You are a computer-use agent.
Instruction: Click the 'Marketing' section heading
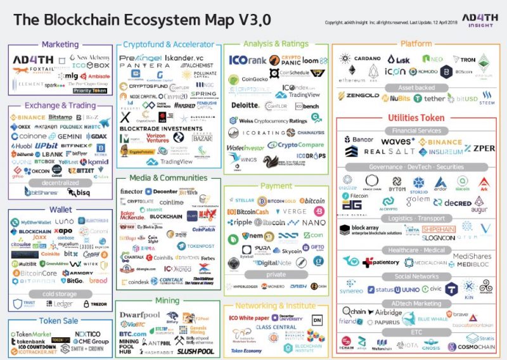pos(60,45)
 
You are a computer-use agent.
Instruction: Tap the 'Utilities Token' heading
pos(416,118)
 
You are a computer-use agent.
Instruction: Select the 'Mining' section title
pos(167,300)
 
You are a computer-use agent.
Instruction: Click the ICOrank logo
pos(249,60)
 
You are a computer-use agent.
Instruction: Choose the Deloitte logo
pos(244,106)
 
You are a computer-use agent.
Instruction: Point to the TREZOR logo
pos(96,305)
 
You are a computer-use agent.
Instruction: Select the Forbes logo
pos(208,258)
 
